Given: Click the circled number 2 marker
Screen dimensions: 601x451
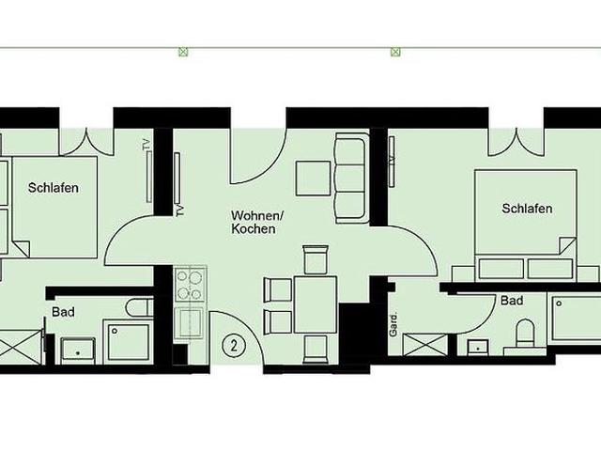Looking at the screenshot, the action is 234,346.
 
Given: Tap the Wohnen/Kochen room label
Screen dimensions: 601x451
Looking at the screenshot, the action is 256,222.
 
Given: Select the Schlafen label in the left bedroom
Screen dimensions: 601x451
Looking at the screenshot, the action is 54,188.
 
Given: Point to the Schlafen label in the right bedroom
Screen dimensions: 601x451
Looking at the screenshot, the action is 527,209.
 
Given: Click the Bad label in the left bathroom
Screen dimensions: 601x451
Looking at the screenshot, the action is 63,312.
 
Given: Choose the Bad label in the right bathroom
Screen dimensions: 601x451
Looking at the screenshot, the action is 512,301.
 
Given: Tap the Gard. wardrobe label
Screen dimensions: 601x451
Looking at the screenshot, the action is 393,325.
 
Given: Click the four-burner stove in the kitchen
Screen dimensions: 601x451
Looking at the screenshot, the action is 190,285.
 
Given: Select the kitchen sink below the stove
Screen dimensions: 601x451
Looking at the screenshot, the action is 189,322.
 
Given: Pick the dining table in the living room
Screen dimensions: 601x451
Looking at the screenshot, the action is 316,304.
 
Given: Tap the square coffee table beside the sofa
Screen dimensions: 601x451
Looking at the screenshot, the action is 313,179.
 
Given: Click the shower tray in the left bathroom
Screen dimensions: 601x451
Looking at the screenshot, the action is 129,342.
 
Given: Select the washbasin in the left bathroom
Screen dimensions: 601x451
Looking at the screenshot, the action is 78,350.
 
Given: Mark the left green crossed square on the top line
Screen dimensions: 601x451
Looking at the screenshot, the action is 184,52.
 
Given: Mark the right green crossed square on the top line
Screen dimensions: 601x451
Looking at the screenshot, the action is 395,52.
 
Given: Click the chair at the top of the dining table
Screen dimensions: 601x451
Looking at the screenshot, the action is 316,259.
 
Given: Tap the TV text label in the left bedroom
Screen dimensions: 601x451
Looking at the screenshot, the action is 146,145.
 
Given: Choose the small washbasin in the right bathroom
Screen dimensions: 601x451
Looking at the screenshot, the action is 478,347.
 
